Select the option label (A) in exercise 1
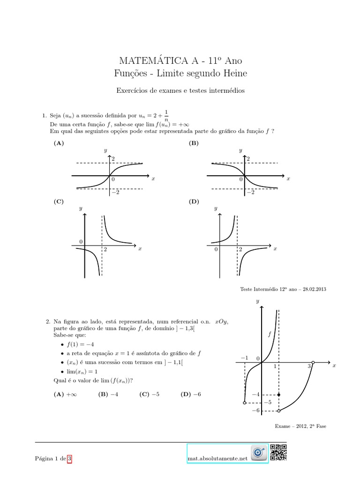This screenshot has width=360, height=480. tap(59, 143)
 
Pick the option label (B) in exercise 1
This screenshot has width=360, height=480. tap(194, 143)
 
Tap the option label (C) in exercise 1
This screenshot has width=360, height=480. tap(59, 202)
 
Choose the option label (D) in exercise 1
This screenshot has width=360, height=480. tap(194, 202)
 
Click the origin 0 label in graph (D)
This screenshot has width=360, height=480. tap(216, 250)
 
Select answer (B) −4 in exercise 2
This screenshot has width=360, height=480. tap(108, 395)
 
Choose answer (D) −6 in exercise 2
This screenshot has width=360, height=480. tap(190, 395)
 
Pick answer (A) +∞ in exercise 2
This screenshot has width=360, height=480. tap(65, 395)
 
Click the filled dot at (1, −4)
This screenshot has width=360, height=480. tap(279, 395)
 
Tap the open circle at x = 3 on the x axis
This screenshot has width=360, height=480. tap(313, 362)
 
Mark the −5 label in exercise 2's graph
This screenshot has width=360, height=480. tap(268, 403)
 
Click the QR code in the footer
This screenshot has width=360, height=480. tap(278, 453)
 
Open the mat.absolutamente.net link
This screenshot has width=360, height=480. tap(216, 459)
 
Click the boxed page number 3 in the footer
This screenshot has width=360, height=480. tap(70, 459)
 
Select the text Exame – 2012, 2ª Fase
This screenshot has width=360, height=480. tap(300, 426)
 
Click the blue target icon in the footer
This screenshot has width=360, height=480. tap(258, 453)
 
